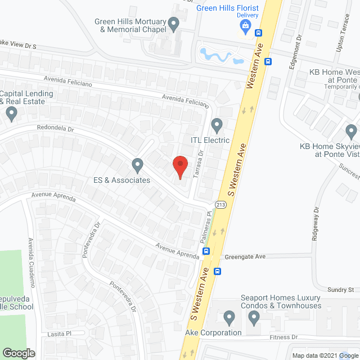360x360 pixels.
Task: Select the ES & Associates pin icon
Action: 137,165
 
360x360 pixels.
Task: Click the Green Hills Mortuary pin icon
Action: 174,24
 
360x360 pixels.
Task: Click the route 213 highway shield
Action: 220,205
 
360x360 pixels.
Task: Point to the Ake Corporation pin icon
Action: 229,318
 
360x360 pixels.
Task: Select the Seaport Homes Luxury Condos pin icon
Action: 254,319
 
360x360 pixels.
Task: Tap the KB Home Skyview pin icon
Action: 351,132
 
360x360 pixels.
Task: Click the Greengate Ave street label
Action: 245,256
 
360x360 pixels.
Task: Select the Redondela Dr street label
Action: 56,129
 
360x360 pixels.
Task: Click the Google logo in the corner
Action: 19,353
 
